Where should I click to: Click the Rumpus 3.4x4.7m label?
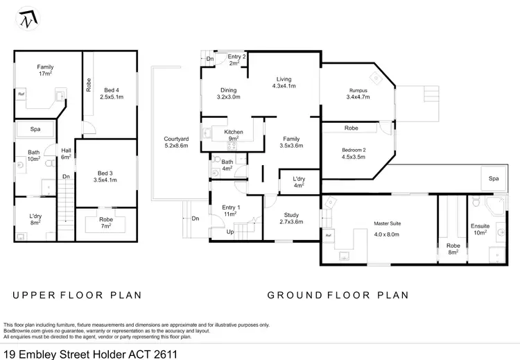358,94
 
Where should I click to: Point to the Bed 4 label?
112,94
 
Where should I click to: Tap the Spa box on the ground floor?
493,179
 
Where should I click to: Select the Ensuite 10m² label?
480,230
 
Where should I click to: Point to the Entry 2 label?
237,60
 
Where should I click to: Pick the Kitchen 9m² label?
233,135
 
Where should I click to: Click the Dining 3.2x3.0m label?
229,94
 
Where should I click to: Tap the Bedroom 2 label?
354,153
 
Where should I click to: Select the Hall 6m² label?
67,153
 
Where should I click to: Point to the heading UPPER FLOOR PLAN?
77,295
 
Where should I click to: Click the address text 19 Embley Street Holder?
89,352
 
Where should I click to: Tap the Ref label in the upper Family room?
21,94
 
